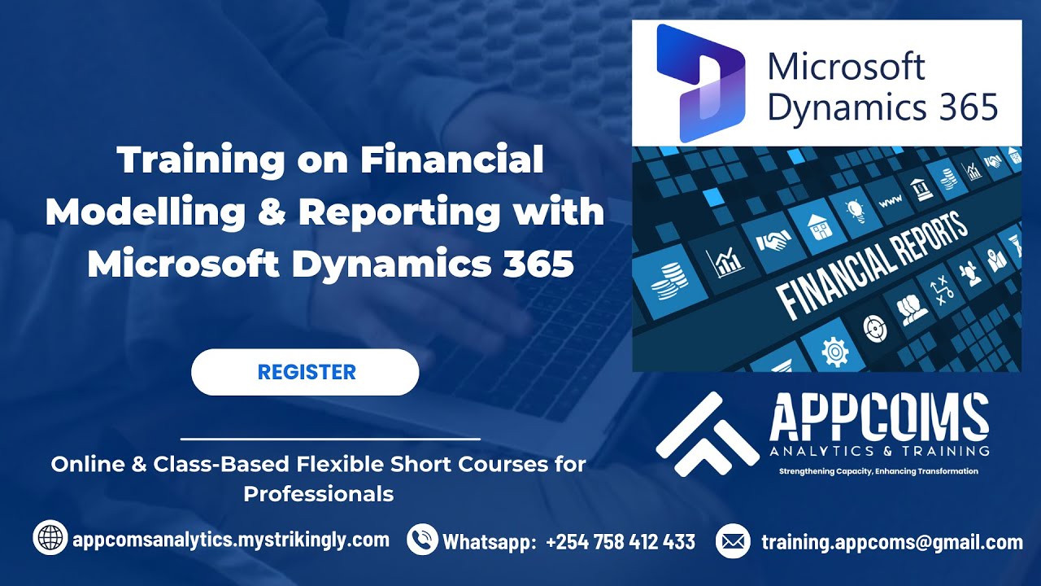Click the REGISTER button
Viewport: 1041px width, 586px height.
pos(305,373)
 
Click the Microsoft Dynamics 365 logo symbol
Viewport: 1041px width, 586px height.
pos(700,84)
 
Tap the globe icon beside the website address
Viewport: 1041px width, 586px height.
pos(50,539)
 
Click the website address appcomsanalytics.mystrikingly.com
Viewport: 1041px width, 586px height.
pos(231,540)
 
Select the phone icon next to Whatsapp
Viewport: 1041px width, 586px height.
pos(422,540)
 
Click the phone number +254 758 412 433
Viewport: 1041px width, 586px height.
pos(621,541)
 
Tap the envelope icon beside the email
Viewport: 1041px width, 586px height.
pos(733,541)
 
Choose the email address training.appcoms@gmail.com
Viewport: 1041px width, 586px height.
pos(891,542)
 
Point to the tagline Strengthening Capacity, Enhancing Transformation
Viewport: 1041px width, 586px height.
pos(878,471)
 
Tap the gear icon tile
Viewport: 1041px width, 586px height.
pos(834,351)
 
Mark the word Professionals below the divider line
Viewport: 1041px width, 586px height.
pos(318,493)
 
